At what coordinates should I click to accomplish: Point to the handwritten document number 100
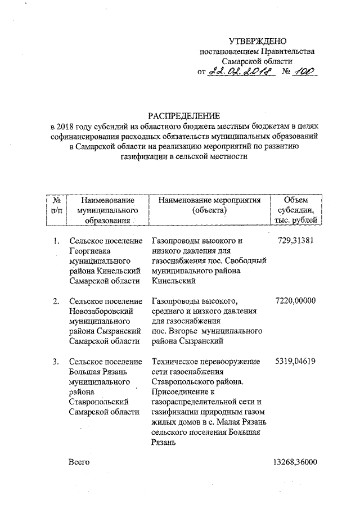(x=306, y=71)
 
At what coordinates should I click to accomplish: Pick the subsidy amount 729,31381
(x=296, y=241)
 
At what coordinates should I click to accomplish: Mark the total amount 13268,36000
(x=293, y=462)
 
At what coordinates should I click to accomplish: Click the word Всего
(x=79, y=462)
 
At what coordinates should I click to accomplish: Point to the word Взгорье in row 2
(x=188, y=331)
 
